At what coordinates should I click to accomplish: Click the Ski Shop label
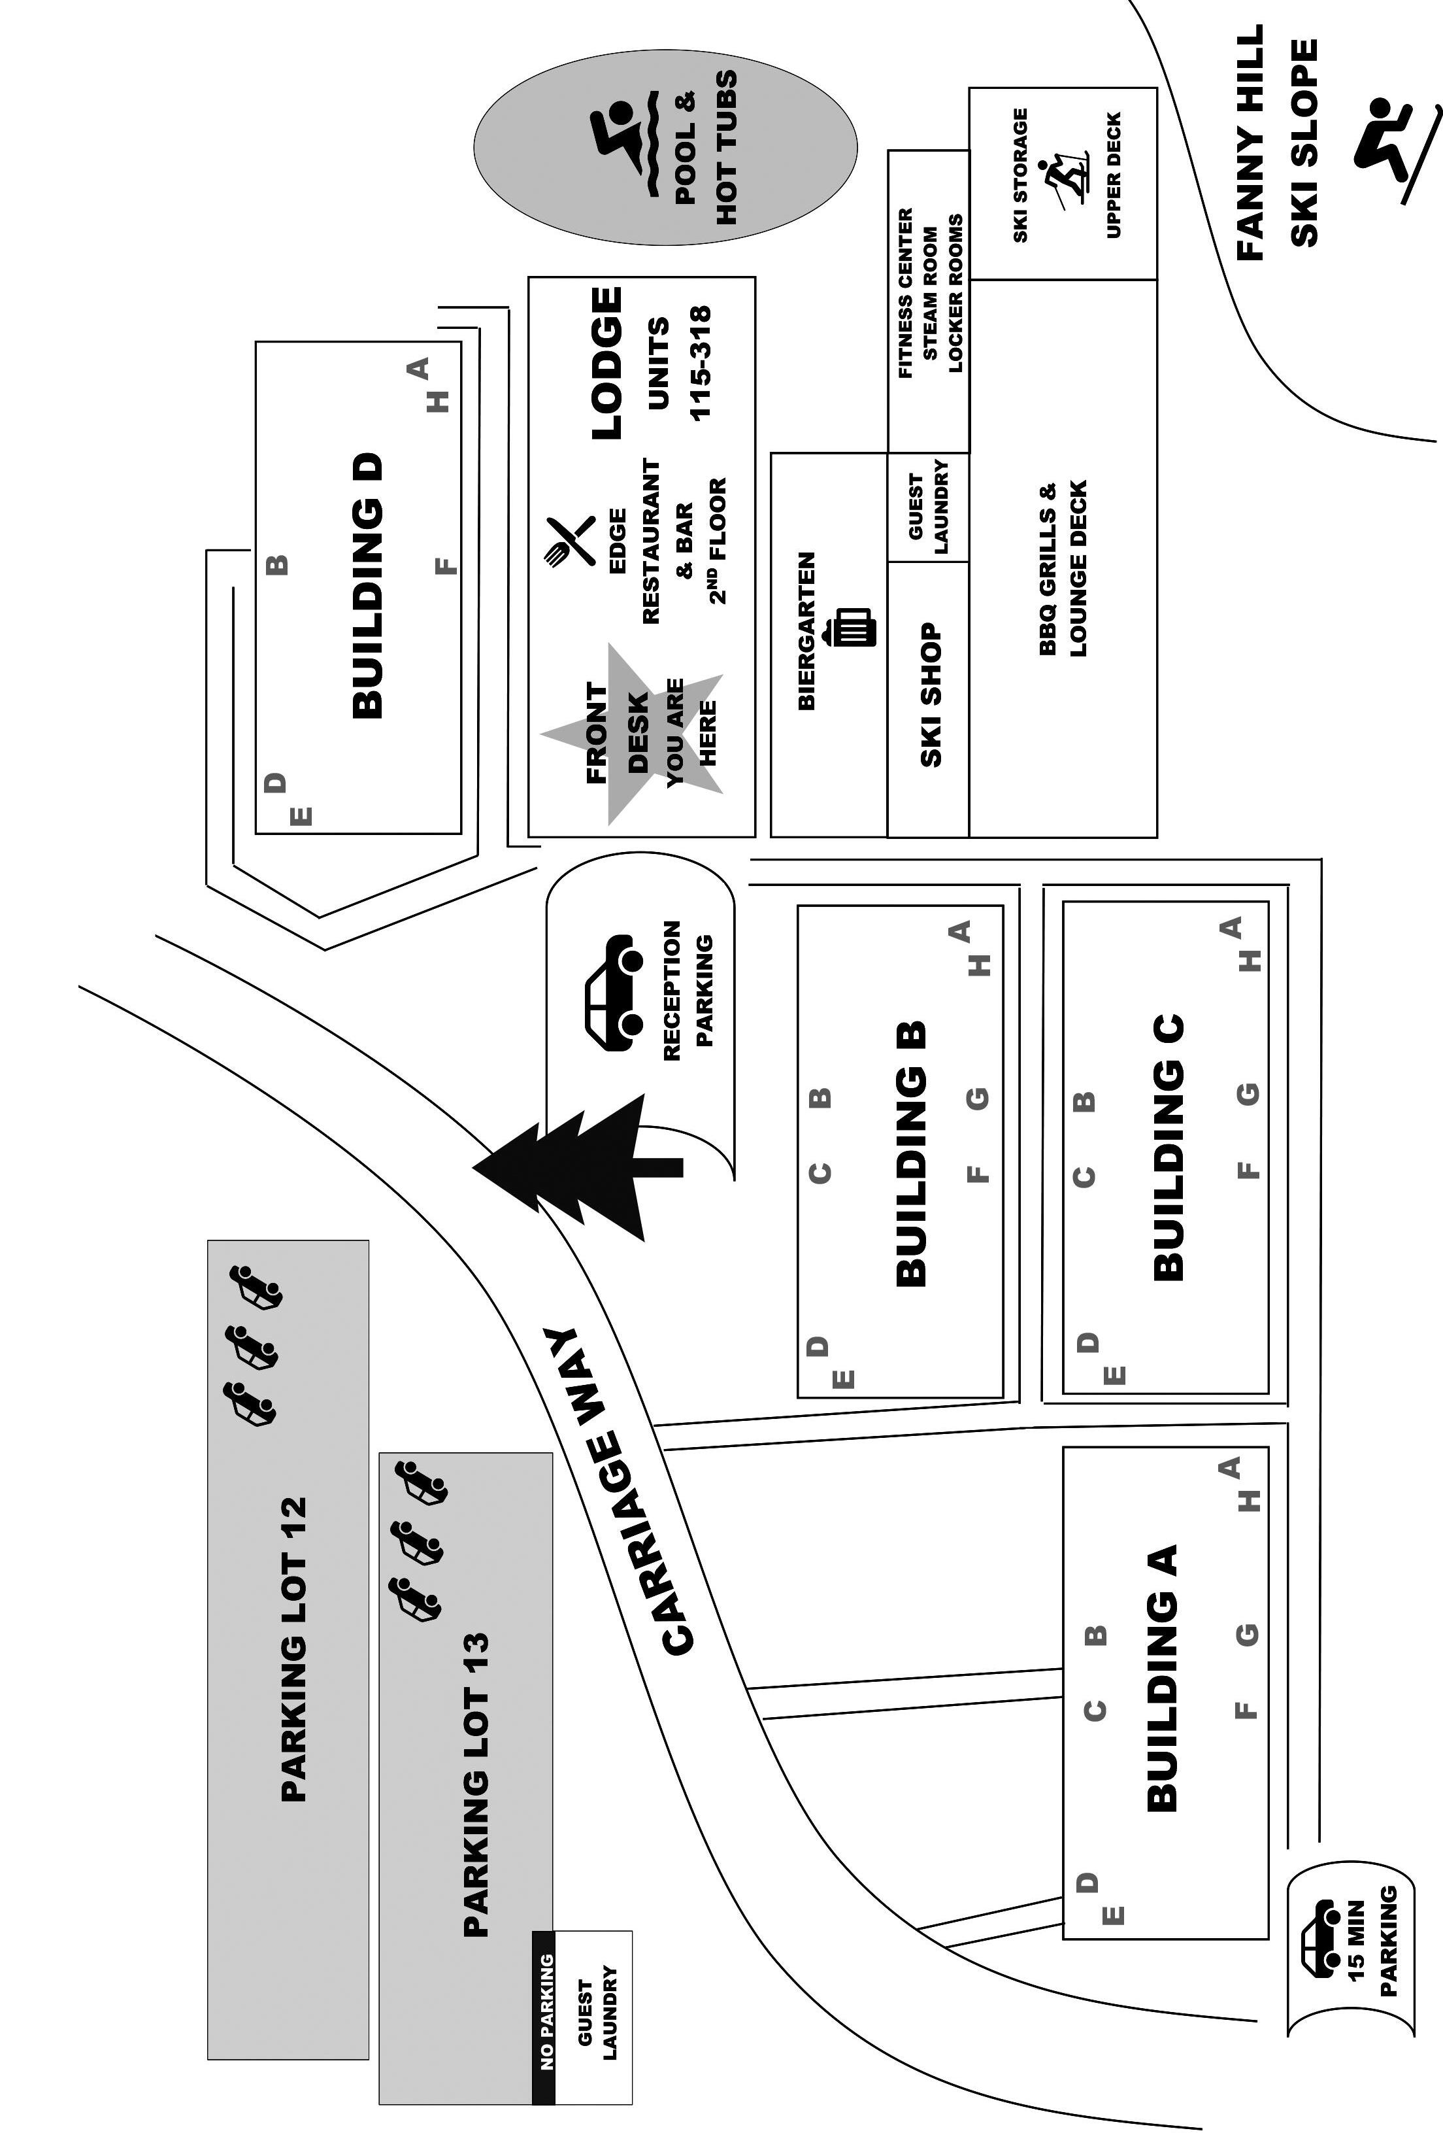(x=930, y=695)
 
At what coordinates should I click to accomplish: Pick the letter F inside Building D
(x=445, y=566)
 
